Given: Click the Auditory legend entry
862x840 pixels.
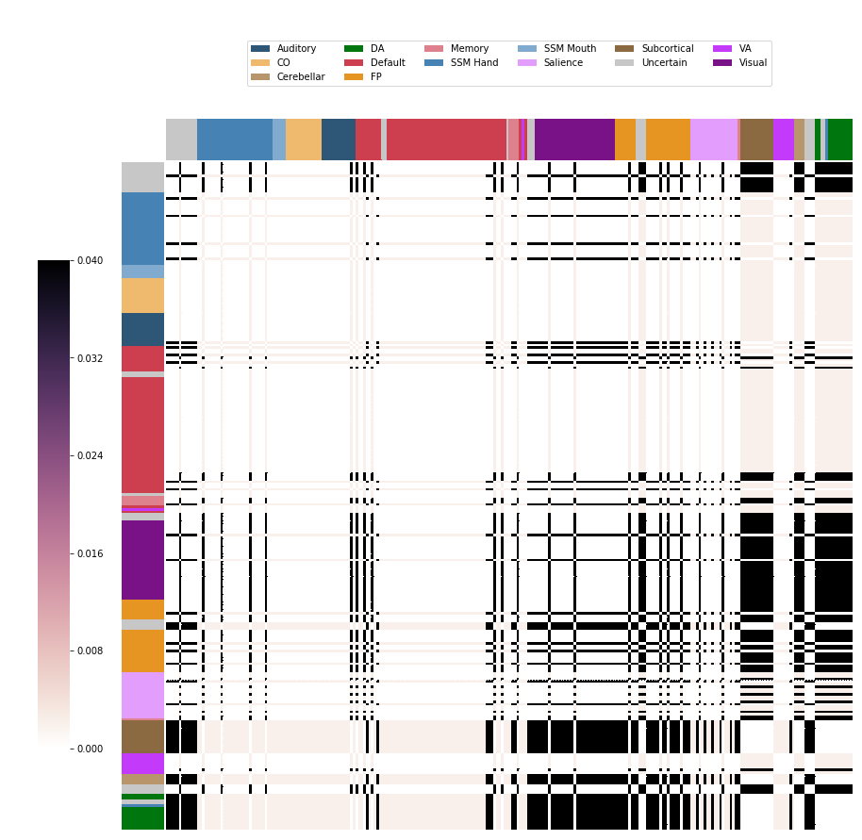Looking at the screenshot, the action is click(x=296, y=48).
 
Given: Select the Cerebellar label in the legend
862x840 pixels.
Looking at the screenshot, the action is click(x=301, y=77).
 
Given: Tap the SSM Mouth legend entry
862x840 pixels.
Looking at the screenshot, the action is click(x=570, y=48).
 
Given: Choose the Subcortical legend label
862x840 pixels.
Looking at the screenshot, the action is click(x=668, y=48).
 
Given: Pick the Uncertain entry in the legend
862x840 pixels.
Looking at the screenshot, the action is click(x=664, y=62).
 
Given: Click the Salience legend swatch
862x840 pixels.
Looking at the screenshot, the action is click(x=526, y=62).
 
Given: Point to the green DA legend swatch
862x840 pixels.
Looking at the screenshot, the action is click(x=354, y=48).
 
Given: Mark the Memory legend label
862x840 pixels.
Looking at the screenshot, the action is click(x=470, y=48).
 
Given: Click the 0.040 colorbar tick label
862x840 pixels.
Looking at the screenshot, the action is click(x=91, y=260).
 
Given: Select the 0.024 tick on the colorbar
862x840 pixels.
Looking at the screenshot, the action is click(x=91, y=455).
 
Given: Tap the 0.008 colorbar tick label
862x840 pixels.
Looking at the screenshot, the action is click(x=91, y=651).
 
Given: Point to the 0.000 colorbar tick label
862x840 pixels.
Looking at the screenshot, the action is click(x=91, y=749).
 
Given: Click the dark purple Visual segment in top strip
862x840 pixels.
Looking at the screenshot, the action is click(x=574, y=140).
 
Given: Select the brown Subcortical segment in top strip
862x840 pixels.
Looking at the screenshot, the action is click(x=756, y=140).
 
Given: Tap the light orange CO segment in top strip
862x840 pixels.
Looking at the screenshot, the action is click(x=304, y=140).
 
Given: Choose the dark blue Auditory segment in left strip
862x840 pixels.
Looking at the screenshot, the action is click(x=143, y=330).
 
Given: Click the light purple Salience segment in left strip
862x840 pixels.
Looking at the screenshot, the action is click(x=143, y=695).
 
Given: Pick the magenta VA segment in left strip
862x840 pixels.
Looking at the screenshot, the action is click(x=143, y=764).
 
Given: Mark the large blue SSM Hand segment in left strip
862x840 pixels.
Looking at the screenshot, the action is click(x=143, y=228).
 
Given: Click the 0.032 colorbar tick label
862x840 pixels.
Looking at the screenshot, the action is click(x=91, y=358).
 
